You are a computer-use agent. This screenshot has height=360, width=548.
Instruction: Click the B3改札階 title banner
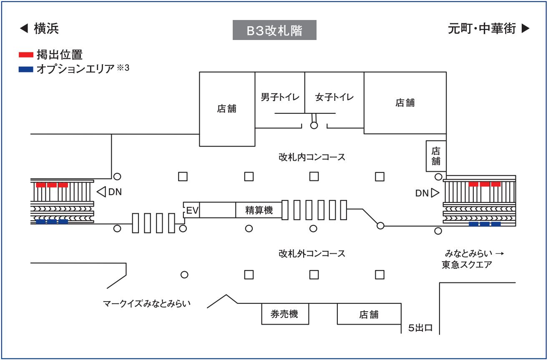274,31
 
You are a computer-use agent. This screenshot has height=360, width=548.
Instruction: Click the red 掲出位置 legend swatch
26,55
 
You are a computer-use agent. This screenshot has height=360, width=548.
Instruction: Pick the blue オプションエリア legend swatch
26,69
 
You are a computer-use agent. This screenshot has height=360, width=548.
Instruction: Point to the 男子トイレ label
280,97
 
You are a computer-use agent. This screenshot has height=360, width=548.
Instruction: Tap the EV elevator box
192,211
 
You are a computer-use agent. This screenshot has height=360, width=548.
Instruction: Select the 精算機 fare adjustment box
259,211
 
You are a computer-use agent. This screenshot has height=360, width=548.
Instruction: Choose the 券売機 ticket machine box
285,314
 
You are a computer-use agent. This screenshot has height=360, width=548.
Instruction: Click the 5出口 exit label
420,328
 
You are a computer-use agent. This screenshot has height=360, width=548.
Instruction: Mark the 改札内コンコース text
312,157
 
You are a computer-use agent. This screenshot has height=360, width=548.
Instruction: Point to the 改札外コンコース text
312,253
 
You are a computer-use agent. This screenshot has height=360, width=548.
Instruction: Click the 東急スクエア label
467,265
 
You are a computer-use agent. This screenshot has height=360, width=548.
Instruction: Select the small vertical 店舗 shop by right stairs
436,156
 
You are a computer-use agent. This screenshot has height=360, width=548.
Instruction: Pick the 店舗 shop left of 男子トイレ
227,109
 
